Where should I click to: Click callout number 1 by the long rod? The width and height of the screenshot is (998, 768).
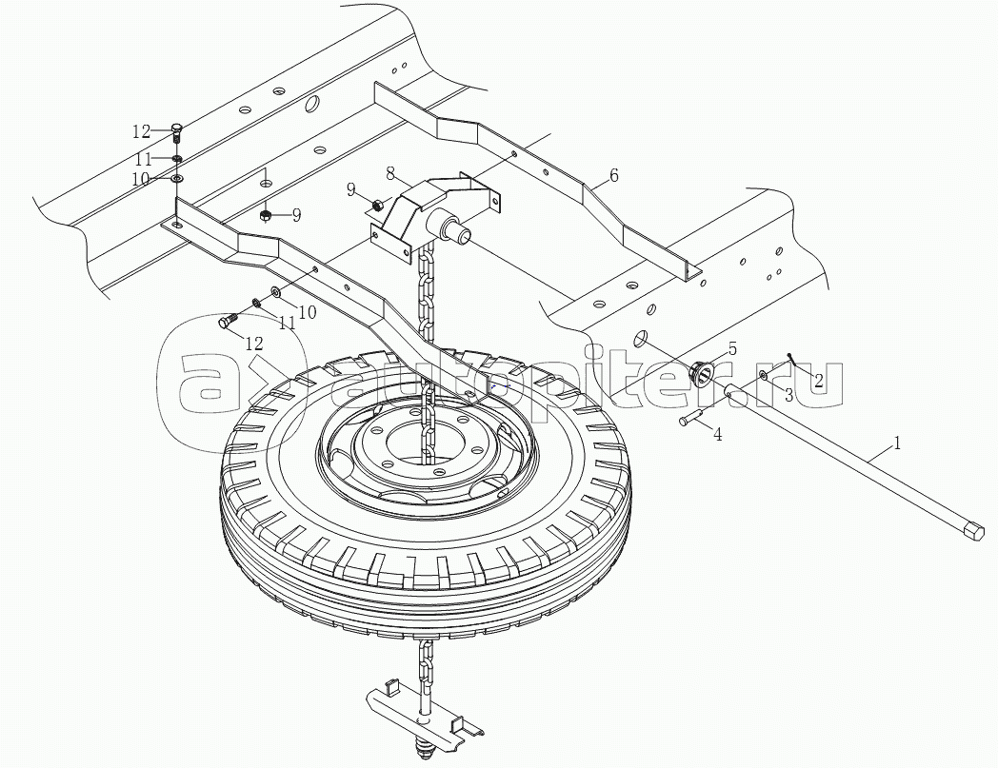tap(897, 443)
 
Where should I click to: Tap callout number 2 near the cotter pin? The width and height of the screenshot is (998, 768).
tap(819, 380)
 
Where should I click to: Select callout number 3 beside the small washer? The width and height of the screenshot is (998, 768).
tap(788, 395)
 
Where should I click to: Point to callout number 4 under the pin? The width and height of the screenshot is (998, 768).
tap(717, 435)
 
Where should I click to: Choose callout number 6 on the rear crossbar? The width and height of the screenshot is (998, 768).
tap(613, 175)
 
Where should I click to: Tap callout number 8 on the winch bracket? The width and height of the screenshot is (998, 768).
tap(390, 172)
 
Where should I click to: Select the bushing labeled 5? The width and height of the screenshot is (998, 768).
tap(702, 371)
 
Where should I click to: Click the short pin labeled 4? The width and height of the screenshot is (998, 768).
tap(691, 419)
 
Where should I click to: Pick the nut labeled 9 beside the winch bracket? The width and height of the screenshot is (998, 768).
tap(377, 205)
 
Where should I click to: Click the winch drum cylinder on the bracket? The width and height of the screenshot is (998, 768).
tap(449, 228)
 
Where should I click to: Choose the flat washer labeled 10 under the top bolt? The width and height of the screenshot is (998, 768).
tap(176, 179)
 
